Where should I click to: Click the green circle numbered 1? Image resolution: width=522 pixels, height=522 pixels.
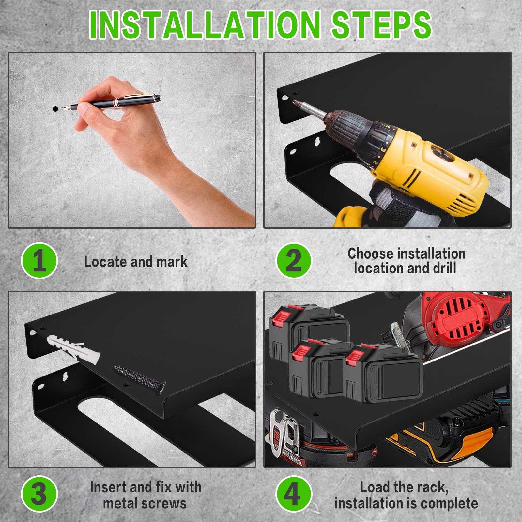point(39,261)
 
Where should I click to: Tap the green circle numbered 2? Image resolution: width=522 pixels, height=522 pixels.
point(294,261)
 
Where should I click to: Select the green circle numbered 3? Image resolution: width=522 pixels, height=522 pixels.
point(39,494)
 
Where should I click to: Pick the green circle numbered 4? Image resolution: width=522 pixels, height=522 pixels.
point(294,494)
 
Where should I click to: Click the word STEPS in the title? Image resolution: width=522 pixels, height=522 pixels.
point(381,25)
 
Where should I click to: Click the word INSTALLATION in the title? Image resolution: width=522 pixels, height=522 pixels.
point(205,25)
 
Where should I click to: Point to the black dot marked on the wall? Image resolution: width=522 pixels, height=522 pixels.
point(55,109)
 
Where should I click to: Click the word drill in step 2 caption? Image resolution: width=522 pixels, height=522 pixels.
point(444,268)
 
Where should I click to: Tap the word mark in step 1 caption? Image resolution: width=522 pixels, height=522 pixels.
point(172,262)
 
